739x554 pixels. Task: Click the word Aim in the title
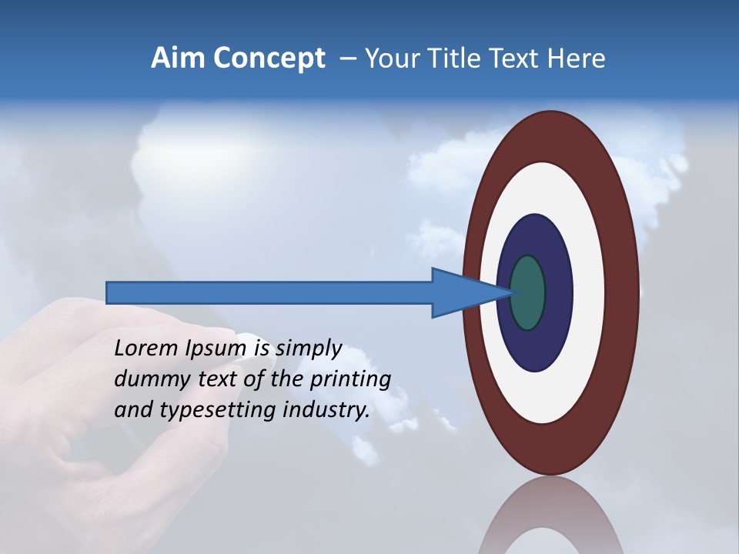click(176, 58)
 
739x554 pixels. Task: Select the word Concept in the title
click(268, 59)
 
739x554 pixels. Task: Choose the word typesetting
click(220, 411)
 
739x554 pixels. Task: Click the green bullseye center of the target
click(528, 292)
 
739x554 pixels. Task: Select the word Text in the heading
click(513, 58)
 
